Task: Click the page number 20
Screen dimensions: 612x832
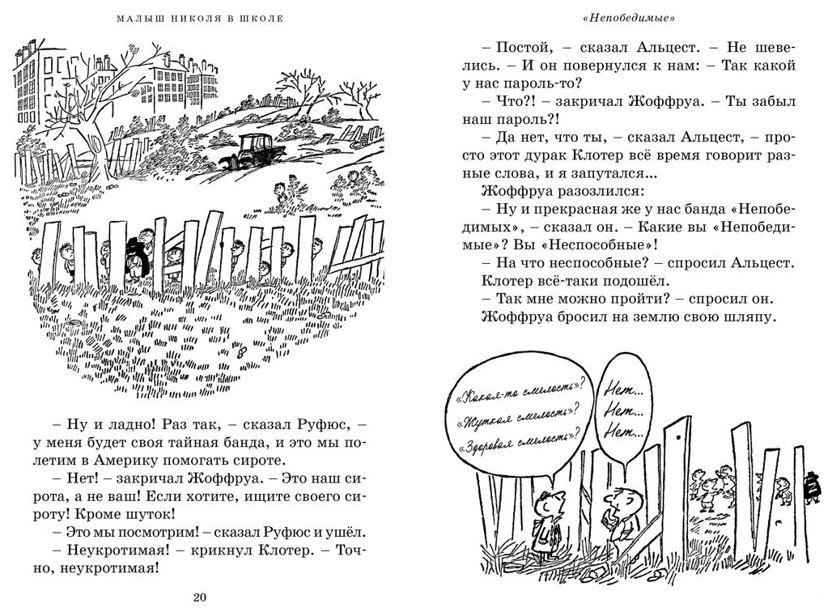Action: [202, 597]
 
